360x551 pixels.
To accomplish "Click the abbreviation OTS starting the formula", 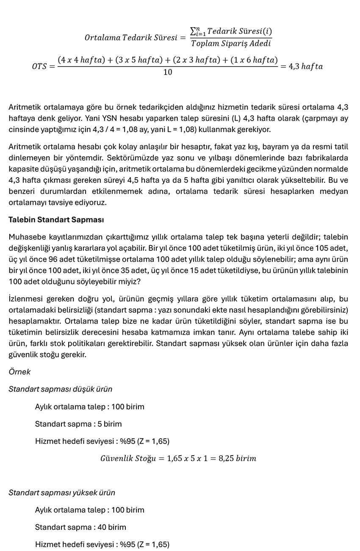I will (x=40, y=67).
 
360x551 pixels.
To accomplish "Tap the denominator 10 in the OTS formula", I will (x=168, y=72).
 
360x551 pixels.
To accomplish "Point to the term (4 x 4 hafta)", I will (x=82, y=60).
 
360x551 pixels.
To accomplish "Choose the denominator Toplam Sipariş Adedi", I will (x=231, y=43).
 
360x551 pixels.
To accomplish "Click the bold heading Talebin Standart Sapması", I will (x=56, y=220).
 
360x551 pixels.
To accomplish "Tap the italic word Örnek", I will (x=19, y=372).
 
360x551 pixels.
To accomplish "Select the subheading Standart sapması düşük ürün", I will (x=61, y=389).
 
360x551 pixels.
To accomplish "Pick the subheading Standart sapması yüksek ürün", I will (x=62, y=493).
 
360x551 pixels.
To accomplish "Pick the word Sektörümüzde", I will (x=131, y=158).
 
